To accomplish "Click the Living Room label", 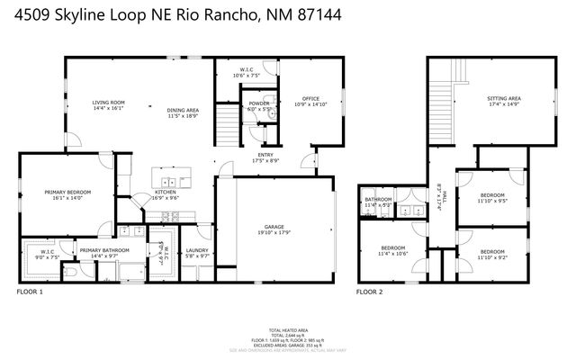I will tap(108, 103).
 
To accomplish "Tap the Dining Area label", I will tap(183, 111).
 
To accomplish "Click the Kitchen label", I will tap(165, 192).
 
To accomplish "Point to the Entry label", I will tap(265, 156).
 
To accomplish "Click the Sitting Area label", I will tap(503, 98).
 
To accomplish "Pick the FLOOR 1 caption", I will tap(30, 292).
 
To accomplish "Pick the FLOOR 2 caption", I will tap(369, 292).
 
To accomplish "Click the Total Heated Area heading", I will tap(288, 331).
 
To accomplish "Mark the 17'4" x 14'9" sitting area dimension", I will tap(503, 104).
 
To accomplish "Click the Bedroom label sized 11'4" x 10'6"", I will tap(392, 247).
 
